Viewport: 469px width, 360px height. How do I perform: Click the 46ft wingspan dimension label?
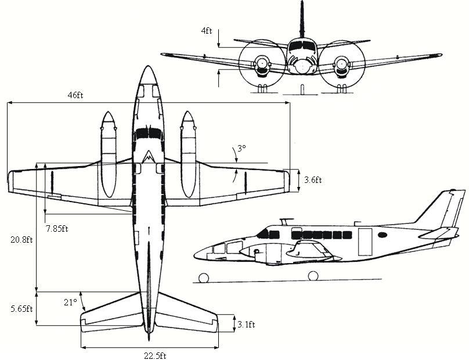[x=75, y=95]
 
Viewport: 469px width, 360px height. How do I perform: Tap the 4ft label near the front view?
[x=207, y=30]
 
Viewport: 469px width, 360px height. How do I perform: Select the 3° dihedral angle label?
[x=241, y=149]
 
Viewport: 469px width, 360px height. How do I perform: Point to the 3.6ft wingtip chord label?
[x=312, y=180]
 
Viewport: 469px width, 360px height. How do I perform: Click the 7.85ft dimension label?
[x=57, y=228]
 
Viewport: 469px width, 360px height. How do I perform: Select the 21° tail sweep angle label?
[x=70, y=302]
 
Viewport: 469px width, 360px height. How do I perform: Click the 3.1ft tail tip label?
[x=246, y=325]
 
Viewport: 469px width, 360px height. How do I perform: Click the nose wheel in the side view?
[x=204, y=277]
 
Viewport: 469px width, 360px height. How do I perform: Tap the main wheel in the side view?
[x=313, y=276]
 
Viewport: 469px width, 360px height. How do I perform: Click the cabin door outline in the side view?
[x=365, y=241]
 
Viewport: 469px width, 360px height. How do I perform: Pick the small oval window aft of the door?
[x=383, y=235]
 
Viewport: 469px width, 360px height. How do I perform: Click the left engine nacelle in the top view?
[x=107, y=154]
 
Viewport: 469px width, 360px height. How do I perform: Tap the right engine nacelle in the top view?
[x=187, y=154]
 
